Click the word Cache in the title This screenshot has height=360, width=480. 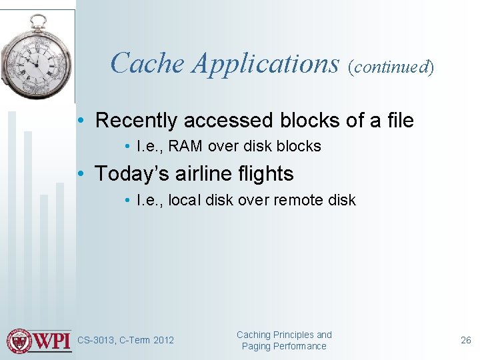pyautogui.click(x=147, y=63)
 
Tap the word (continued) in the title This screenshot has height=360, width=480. pyautogui.click(x=391, y=66)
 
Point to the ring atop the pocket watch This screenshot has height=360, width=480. pyautogui.click(x=39, y=19)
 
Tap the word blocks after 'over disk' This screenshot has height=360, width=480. pyautogui.click(x=299, y=146)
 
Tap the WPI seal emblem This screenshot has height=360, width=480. pyautogui.click(x=19, y=341)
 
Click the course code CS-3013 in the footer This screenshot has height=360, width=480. pyautogui.click(x=96, y=341)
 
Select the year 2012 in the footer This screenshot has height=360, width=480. pyautogui.click(x=163, y=341)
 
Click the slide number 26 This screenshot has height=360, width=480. pyautogui.click(x=465, y=341)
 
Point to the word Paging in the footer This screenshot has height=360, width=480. pyautogui.click(x=255, y=346)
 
